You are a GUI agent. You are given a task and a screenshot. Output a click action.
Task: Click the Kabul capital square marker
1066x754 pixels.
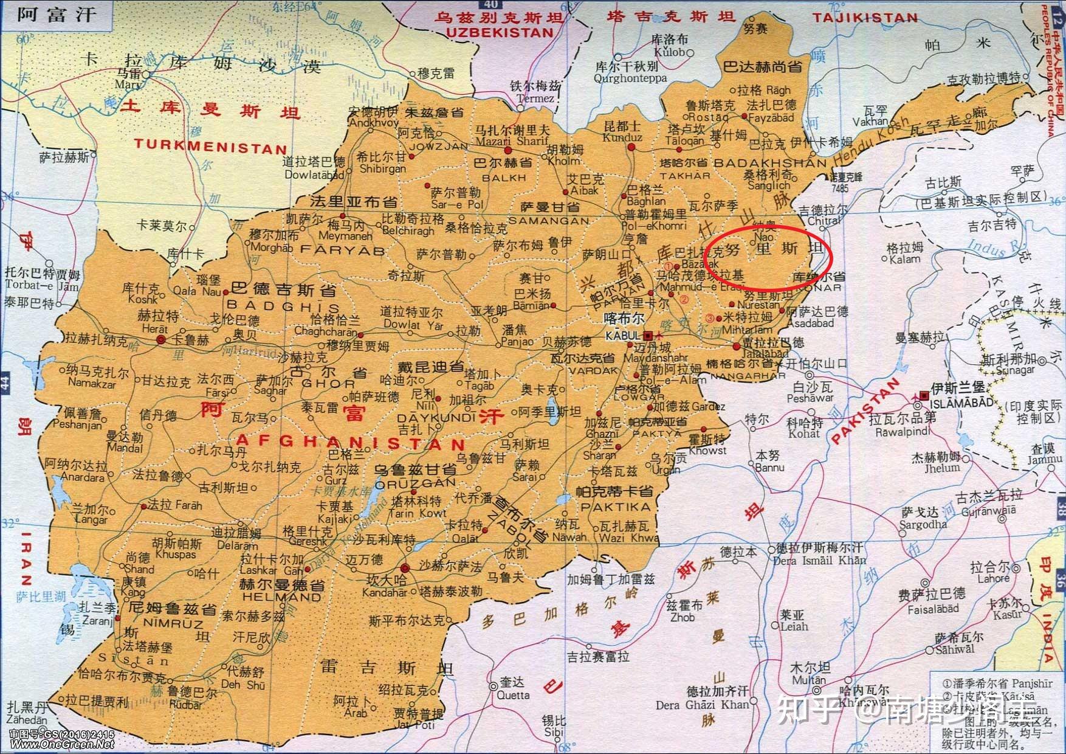[x=649, y=335]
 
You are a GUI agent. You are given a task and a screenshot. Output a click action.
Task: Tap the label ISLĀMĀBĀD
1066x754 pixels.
[x=958, y=403]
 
